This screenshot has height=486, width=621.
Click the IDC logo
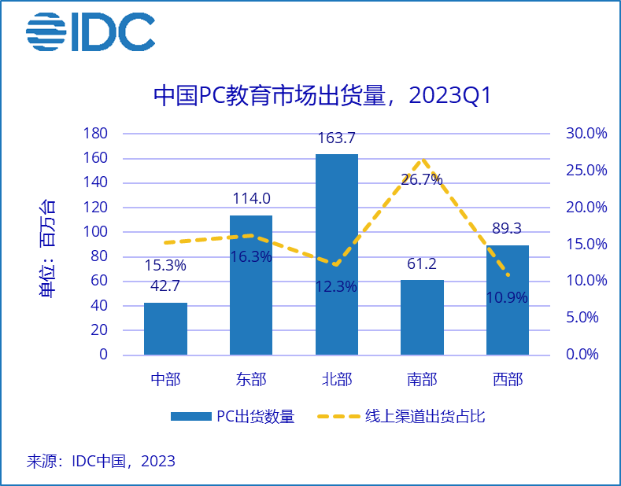(x=91, y=33)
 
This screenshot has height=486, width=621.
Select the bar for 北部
(x=336, y=254)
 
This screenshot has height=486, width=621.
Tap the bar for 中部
(x=165, y=329)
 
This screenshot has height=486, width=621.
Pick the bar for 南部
(x=422, y=317)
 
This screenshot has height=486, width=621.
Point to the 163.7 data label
(x=336, y=139)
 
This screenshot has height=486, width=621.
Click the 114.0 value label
(x=250, y=200)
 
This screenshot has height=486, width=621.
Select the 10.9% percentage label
(x=508, y=298)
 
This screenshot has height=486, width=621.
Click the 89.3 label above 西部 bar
(x=508, y=229)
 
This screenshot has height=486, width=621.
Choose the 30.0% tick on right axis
(x=586, y=134)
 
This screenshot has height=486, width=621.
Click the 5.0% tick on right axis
(x=586, y=318)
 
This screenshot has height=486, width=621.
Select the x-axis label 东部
(x=250, y=380)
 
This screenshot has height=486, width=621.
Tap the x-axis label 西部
(x=508, y=380)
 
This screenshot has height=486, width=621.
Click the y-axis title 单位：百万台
(x=48, y=248)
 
